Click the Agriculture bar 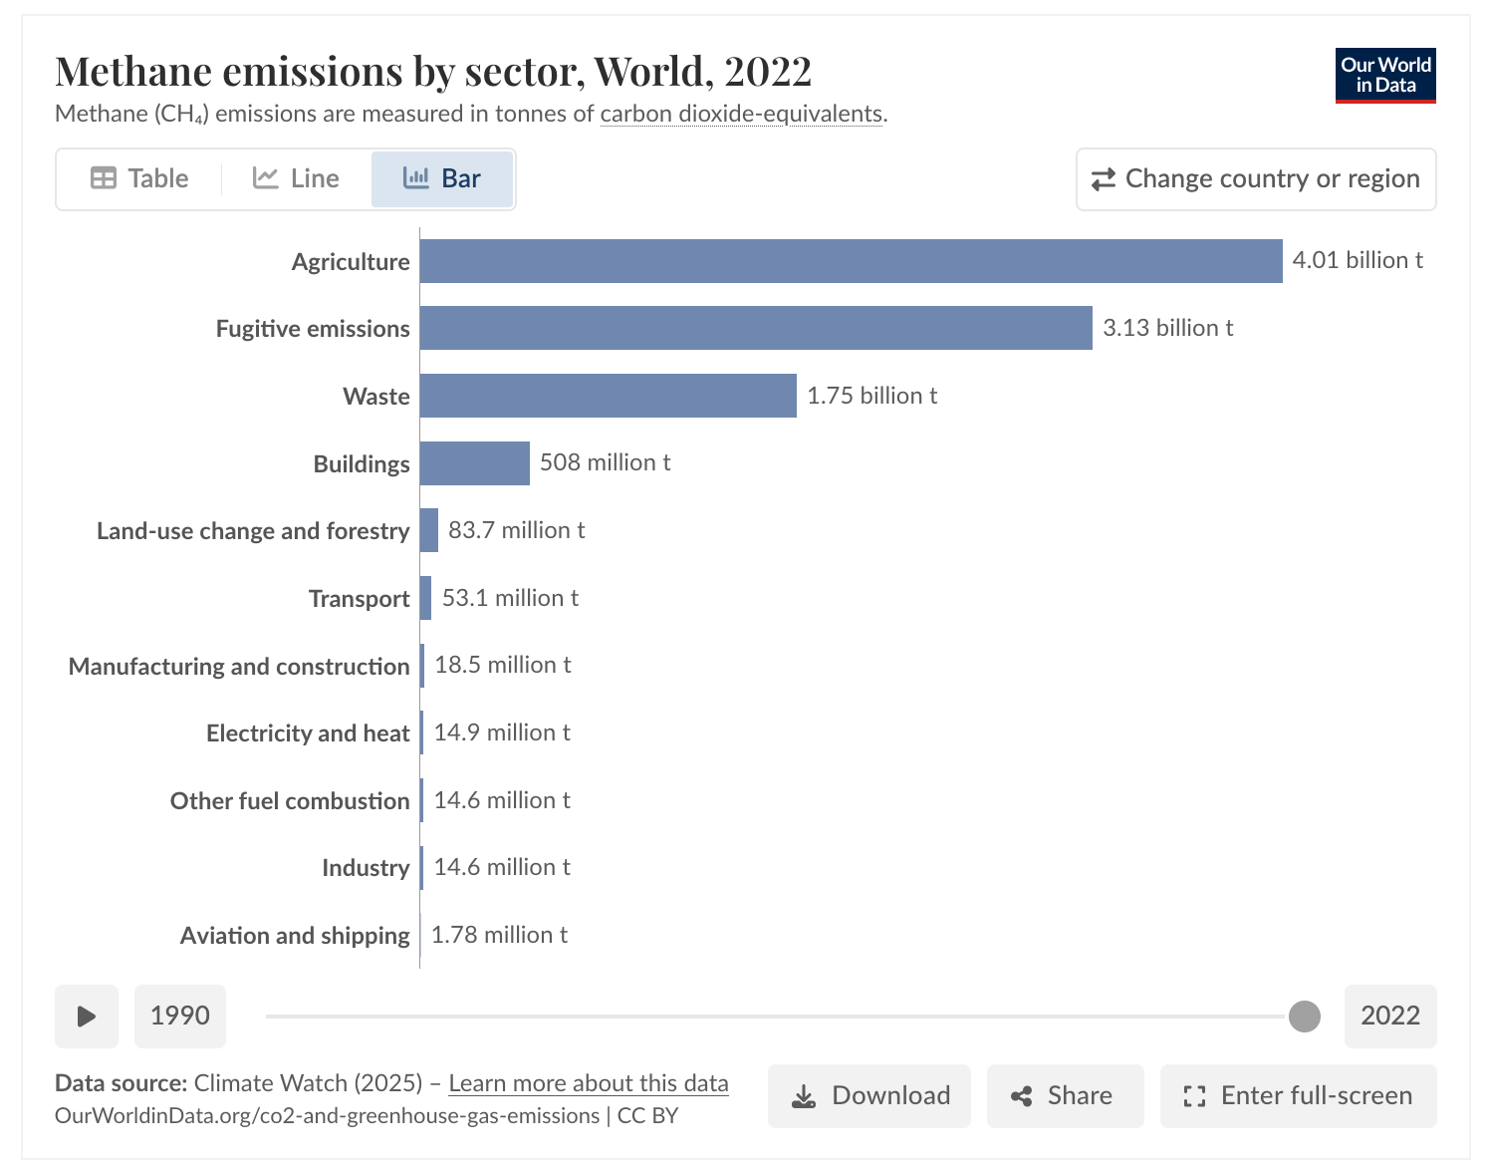point(851,261)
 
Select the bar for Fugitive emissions point(756,328)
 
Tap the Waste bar point(608,396)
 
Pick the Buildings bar point(475,463)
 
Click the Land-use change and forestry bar point(429,530)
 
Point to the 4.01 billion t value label point(1357,260)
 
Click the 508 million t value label point(605,462)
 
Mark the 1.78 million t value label point(499,935)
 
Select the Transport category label point(359,599)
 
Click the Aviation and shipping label point(295,936)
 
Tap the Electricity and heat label point(308,733)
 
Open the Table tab point(139,178)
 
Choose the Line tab point(296,178)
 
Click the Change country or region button point(1256,179)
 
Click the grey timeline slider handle point(1304,1017)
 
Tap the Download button point(869,1096)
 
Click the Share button point(1065,1096)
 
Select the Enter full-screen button point(1298,1096)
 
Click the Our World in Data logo point(1385,76)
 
